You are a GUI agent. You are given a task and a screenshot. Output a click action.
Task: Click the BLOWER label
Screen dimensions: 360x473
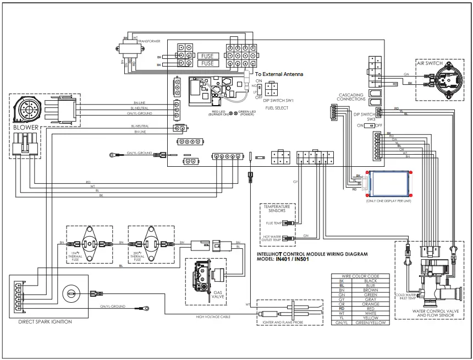pyautogui.click(x=26, y=127)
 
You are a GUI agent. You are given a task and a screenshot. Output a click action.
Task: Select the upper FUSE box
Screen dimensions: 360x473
pyautogui.click(x=207, y=56)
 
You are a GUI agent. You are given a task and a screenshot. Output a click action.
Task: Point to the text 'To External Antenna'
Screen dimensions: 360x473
pyautogui.click(x=279, y=74)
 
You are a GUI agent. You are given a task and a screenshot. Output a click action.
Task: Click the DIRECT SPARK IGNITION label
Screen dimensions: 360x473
pyautogui.click(x=45, y=321)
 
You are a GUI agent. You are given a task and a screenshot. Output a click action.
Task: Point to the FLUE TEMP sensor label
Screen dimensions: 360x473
pyautogui.click(x=273, y=223)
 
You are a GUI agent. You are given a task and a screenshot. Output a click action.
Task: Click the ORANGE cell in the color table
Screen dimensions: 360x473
pyautogui.click(x=370, y=303)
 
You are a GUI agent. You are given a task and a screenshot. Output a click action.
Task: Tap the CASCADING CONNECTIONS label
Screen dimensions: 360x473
pyautogui.click(x=352, y=97)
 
